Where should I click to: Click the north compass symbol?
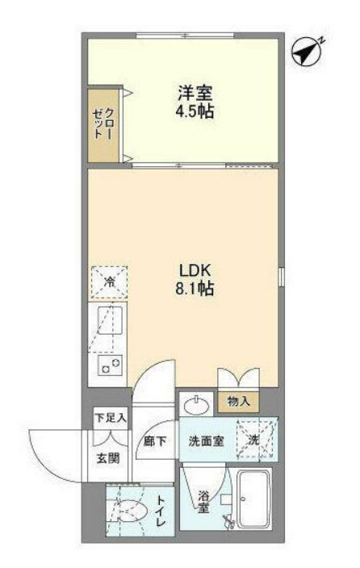point(308,53)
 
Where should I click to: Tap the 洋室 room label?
point(195,93)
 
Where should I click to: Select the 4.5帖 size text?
point(195,112)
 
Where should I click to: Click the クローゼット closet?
point(103,125)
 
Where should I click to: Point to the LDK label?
point(195,269)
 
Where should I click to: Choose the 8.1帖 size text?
point(195,289)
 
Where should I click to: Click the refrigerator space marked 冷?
point(109,282)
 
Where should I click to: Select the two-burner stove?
point(110,365)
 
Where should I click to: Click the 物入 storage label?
point(238,401)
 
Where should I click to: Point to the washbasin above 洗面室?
point(196,405)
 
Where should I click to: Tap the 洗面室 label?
point(206,441)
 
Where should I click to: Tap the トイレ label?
point(161,512)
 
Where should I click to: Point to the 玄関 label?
point(107,458)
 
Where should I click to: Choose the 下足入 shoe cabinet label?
point(111,418)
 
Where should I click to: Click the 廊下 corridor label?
point(155,441)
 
